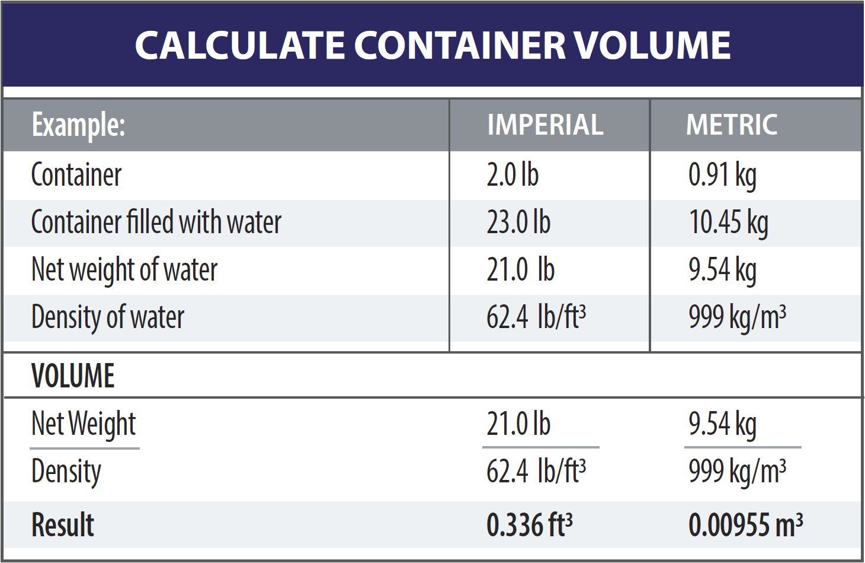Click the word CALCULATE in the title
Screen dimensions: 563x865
[240, 45]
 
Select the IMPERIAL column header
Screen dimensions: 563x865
[544, 125]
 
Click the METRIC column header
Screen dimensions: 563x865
[731, 125]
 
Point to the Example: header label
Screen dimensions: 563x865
[78, 125]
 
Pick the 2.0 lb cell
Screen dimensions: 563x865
[512, 175]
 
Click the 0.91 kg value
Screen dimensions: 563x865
[722, 175]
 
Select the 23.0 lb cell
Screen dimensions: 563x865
[518, 222]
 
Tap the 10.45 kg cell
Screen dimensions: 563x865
[728, 222]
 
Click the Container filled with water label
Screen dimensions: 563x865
[156, 222]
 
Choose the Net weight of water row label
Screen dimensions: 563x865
[124, 270]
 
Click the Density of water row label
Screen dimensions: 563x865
[108, 317]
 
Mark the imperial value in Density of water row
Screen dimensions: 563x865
[536, 317]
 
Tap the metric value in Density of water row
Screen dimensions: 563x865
[736, 317]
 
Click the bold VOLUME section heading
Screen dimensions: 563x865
[73, 376]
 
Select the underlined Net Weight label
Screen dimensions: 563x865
[84, 424]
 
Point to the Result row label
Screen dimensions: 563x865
[62, 525]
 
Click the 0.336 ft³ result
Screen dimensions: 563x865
[529, 525]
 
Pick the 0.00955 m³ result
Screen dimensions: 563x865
[745, 525]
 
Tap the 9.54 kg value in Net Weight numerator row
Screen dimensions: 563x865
[722, 424]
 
